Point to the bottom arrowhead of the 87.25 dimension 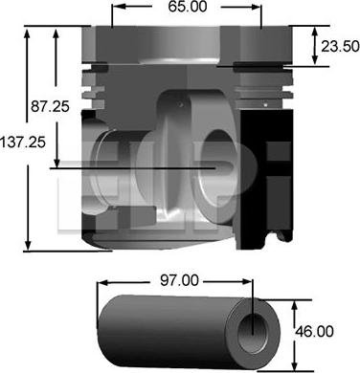[x=57, y=163]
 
